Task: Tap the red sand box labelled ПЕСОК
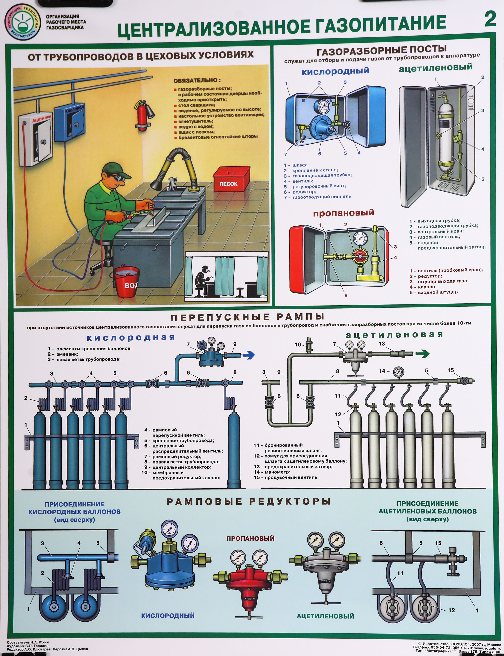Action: (x=231, y=180)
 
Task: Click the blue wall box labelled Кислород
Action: (x=70, y=123)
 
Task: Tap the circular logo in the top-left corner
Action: (x=22, y=22)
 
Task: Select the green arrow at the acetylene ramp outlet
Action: (x=422, y=354)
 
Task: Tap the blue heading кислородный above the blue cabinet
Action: (x=335, y=71)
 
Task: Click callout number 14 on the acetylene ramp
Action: (x=382, y=371)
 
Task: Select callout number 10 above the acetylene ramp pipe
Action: (x=298, y=344)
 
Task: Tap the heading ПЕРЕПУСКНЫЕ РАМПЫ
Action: (x=247, y=317)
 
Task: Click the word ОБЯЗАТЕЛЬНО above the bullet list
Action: (x=197, y=80)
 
